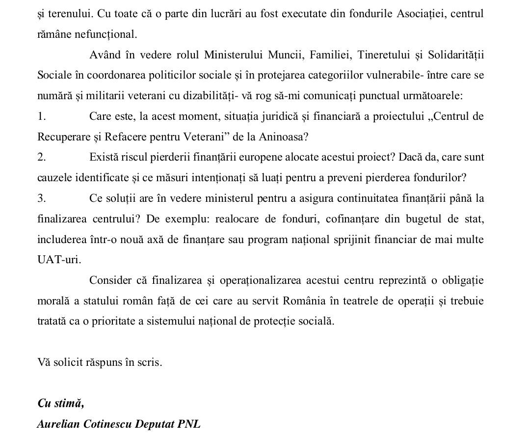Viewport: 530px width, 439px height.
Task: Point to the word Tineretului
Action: point(385,55)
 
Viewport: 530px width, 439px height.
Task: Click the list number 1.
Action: point(41,116)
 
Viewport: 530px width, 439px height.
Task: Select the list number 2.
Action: point(41,157)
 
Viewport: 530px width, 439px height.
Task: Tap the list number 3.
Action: point(41,198)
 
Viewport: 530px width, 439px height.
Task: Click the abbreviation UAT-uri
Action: point(59,260)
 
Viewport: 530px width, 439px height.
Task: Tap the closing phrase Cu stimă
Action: point(60,403)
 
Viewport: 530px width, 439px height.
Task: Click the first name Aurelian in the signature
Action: point(58,424)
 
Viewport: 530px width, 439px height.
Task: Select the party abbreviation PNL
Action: point(189,424)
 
